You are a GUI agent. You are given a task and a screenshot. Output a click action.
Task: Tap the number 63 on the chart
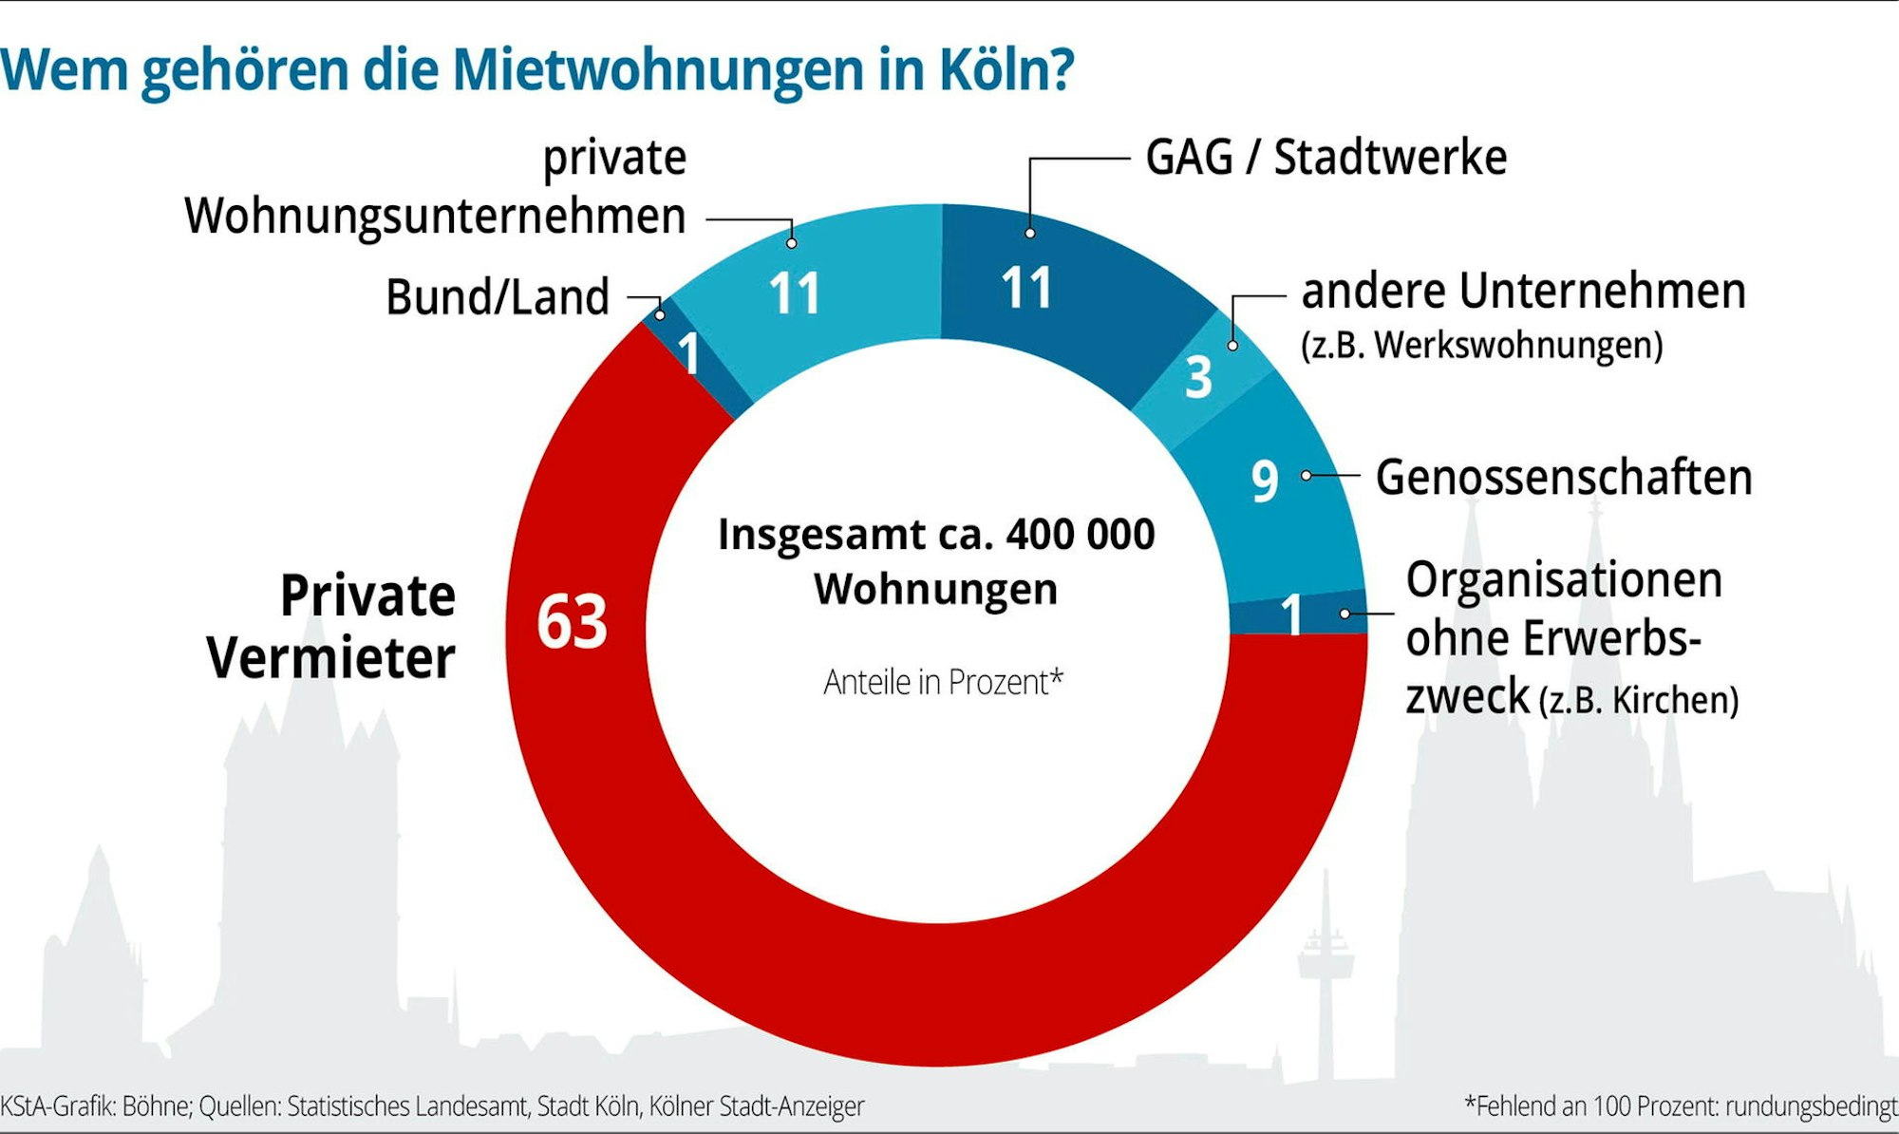coord(572,622)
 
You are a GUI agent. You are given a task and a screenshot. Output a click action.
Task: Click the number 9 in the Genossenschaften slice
coord(1264,481)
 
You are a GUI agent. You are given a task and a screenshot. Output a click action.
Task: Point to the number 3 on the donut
coord(1198,377)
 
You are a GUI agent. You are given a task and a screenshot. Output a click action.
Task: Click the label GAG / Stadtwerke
coord(1326,158)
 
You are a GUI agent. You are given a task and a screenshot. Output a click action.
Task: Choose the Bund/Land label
coord(497,297)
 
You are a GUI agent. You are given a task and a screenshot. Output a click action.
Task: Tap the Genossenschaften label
coord(1563,477)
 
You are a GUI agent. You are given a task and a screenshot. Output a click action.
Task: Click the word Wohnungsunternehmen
coord(435,217)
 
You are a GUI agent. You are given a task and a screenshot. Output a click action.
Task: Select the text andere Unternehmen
coord(1523,291)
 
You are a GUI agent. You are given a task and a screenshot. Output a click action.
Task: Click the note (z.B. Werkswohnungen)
coord(1481,346)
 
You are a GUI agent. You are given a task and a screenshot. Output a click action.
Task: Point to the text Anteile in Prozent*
coord(943,682)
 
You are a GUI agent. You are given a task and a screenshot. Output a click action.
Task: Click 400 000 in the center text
coord(1081,535)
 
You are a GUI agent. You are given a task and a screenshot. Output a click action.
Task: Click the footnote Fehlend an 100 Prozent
coord(1681,1106)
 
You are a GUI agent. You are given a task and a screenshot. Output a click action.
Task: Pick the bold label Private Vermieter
coord(332,627)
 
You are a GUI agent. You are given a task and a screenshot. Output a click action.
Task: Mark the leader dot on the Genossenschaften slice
coord(1307,475)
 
